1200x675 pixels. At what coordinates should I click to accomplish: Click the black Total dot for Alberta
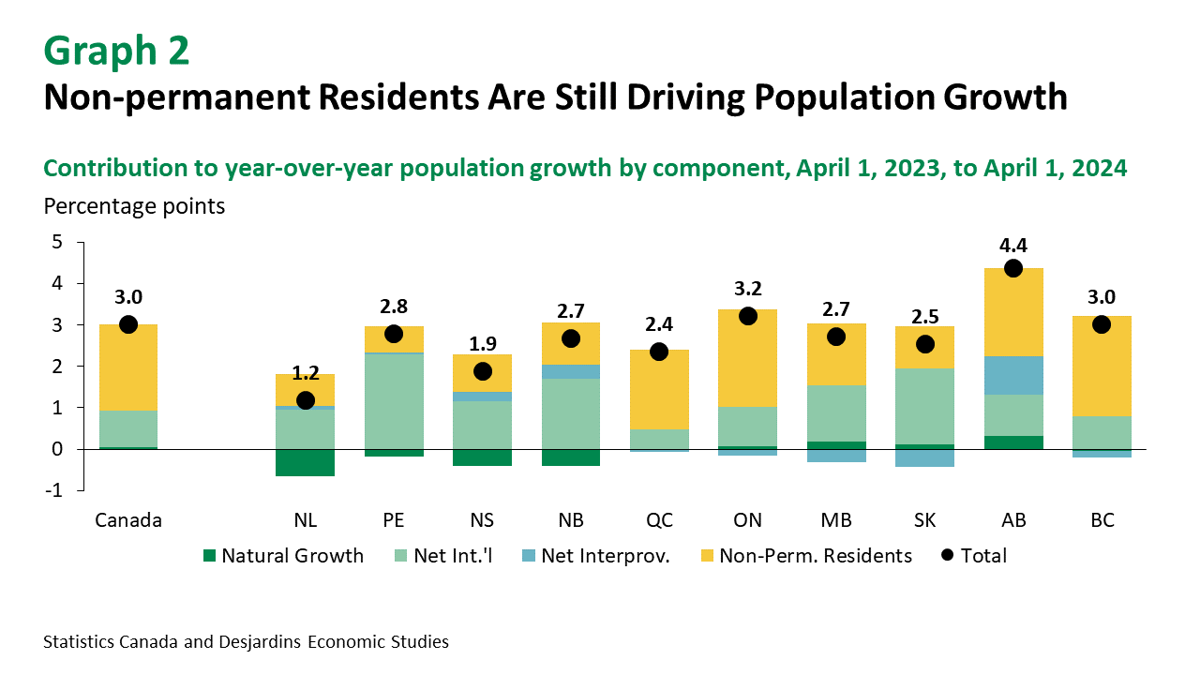click(x=1013, y=268)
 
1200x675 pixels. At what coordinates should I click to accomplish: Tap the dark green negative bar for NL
click(x=306, y=462)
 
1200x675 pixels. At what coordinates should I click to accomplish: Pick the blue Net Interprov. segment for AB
click(x=1013, y=375)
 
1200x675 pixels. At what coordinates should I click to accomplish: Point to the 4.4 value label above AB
click(x=1013, y=246)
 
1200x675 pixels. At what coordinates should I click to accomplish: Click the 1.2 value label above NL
click(x=306, y=373)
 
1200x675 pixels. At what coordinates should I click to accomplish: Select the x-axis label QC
click(x=659, y=520)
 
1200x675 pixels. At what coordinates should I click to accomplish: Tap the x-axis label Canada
click(x=128, y=520)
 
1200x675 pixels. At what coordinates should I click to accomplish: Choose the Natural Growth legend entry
click(x=282, y=556)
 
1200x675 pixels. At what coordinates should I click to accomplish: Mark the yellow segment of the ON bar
click(x=747, y=361)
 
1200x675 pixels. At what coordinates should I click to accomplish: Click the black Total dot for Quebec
click(x=659, y=352)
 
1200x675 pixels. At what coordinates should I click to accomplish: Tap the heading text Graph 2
click(x=116, y=51)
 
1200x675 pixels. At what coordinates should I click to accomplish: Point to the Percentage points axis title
click(x=134, y=205)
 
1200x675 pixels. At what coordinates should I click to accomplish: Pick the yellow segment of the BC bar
click(x=1102, y=366)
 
